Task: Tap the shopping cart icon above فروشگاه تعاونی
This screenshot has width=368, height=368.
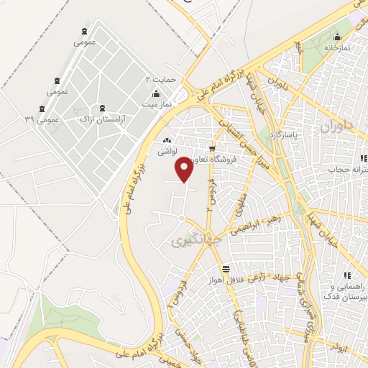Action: pyautogui.click(x=211, y=149)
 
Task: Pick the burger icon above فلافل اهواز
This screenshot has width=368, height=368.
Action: pyautogui.click(x=226, y=269)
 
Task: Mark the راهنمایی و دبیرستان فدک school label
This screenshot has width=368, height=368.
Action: pyautogui.click(x=346, y=289)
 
